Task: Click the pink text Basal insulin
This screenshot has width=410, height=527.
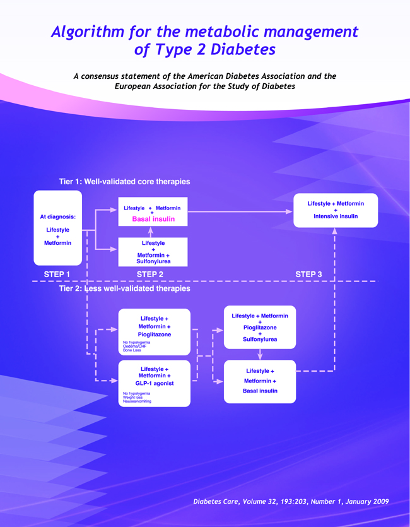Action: point(153,219)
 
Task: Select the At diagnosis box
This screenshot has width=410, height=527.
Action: point(57,229)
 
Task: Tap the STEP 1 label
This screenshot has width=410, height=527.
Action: point(57,274)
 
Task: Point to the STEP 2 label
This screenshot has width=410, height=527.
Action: point(150,274)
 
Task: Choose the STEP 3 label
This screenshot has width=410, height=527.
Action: point(309,274)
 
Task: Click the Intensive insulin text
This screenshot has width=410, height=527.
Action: point(336,216)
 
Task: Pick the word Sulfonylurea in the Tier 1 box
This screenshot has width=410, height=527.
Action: point(153,261)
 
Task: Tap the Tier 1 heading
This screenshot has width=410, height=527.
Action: point(124,182)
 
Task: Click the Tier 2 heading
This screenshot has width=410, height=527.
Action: point(124,288)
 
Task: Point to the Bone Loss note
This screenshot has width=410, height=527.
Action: point(132,350)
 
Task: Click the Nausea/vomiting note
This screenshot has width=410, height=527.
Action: point(137,401)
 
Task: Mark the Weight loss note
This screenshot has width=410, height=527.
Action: point(134,397)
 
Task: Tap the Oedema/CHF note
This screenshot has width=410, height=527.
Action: point(135,346)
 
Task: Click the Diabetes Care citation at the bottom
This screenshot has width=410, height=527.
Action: point(291,501)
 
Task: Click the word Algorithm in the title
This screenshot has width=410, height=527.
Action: point(88,32)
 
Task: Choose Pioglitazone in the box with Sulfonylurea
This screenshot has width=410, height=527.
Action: point(260,328)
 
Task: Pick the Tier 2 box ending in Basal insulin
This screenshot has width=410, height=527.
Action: point(260,381)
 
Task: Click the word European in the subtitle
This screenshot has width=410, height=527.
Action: point(134,86)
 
